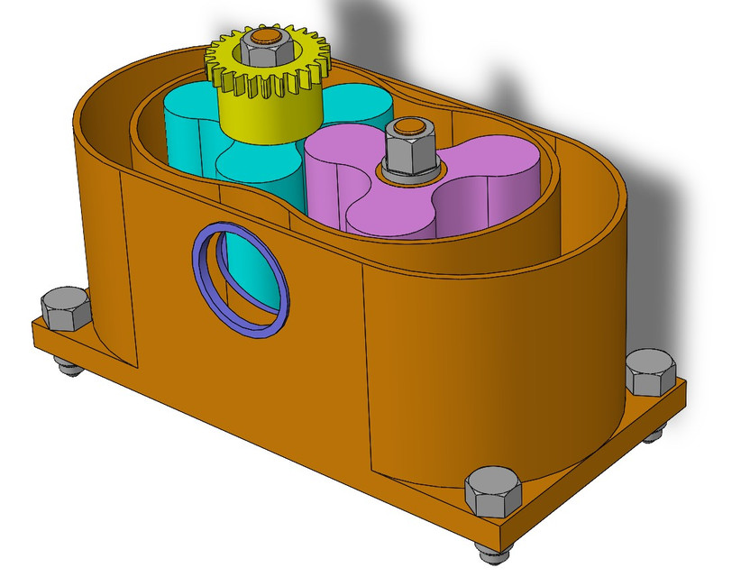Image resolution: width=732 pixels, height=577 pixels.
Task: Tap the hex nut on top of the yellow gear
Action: click(264, 52)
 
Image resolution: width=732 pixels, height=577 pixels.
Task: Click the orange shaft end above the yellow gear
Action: click(264, 36)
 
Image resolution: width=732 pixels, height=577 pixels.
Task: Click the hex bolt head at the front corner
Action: click(491, 491)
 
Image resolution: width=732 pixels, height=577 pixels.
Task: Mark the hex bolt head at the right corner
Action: click(650, 371)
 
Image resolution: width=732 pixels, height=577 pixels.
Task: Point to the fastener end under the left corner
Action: click(66, 364)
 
